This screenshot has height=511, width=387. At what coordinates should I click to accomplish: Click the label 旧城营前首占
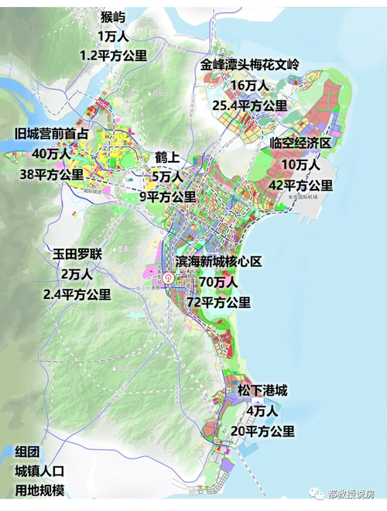[x=51, y=134]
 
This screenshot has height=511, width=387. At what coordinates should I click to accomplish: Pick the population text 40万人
[x=51, y=154]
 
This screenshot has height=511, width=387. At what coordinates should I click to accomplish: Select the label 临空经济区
[x=300, y=144]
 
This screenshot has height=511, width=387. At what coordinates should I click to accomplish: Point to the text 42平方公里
[x=300, y=185]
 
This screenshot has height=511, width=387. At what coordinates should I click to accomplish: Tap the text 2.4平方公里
[x=77, y=294]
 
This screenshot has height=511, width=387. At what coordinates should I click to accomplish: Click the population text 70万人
[x=226, y=283]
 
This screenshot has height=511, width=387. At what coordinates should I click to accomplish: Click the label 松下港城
[x=262, y=391]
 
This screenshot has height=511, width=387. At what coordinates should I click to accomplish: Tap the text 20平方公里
[x=262, y=431]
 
